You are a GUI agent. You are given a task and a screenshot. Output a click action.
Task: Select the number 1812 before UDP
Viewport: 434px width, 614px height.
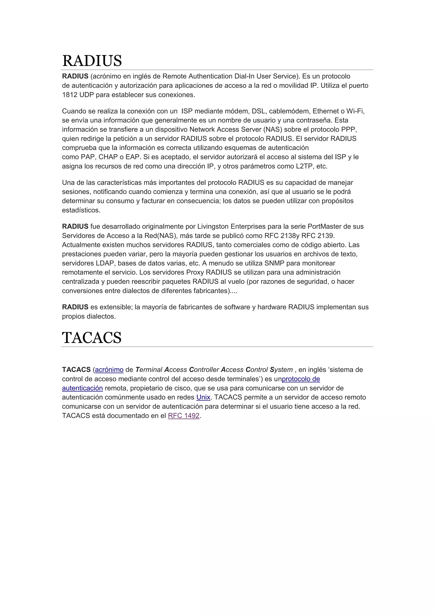(x=70, y=95)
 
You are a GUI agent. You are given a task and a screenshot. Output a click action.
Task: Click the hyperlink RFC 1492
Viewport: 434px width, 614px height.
(x=184, y=416)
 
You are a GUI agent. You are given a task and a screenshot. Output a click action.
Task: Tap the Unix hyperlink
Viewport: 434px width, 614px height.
(x=203, y=397)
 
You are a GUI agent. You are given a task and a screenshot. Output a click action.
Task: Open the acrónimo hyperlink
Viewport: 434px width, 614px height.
(x=109, y=370)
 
